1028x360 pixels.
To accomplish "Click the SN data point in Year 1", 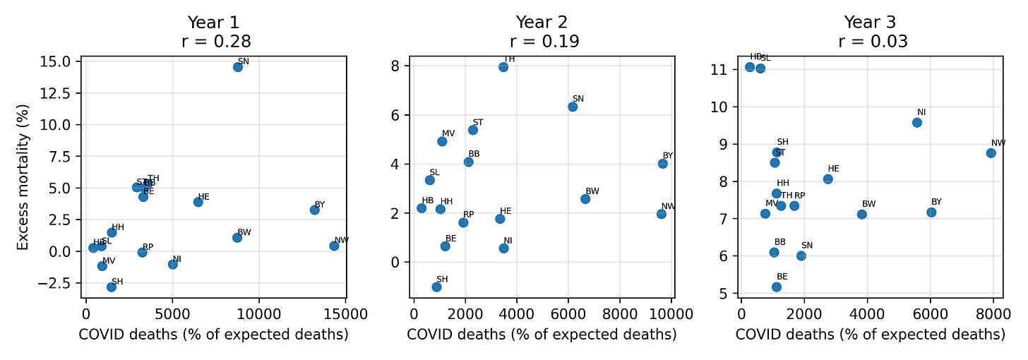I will click(x=238, y=67).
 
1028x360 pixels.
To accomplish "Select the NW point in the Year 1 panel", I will click(x=334, y=246).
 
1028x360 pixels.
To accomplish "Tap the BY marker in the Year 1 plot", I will click(x=315, y=210).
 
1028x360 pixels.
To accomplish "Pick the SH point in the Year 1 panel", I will click(x=112, y=287).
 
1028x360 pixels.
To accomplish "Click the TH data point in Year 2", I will click(x=503, y=67).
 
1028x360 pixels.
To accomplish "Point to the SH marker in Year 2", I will click(x=436, y=287).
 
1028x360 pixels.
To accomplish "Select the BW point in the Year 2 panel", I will click(x=585, y=199).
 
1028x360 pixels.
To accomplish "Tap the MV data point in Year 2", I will click(x=442, y=141).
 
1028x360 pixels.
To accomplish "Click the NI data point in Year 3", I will click(x=917, y=122).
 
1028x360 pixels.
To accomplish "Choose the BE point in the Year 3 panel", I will click(x=777, y=287).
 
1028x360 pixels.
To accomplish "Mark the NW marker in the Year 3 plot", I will click(x=991, y=152).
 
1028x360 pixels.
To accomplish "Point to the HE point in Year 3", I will click(x=828, y=179).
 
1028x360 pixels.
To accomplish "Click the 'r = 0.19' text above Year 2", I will click(x=542, y=41).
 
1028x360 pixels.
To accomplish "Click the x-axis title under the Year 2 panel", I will click(x=542, y=335).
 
